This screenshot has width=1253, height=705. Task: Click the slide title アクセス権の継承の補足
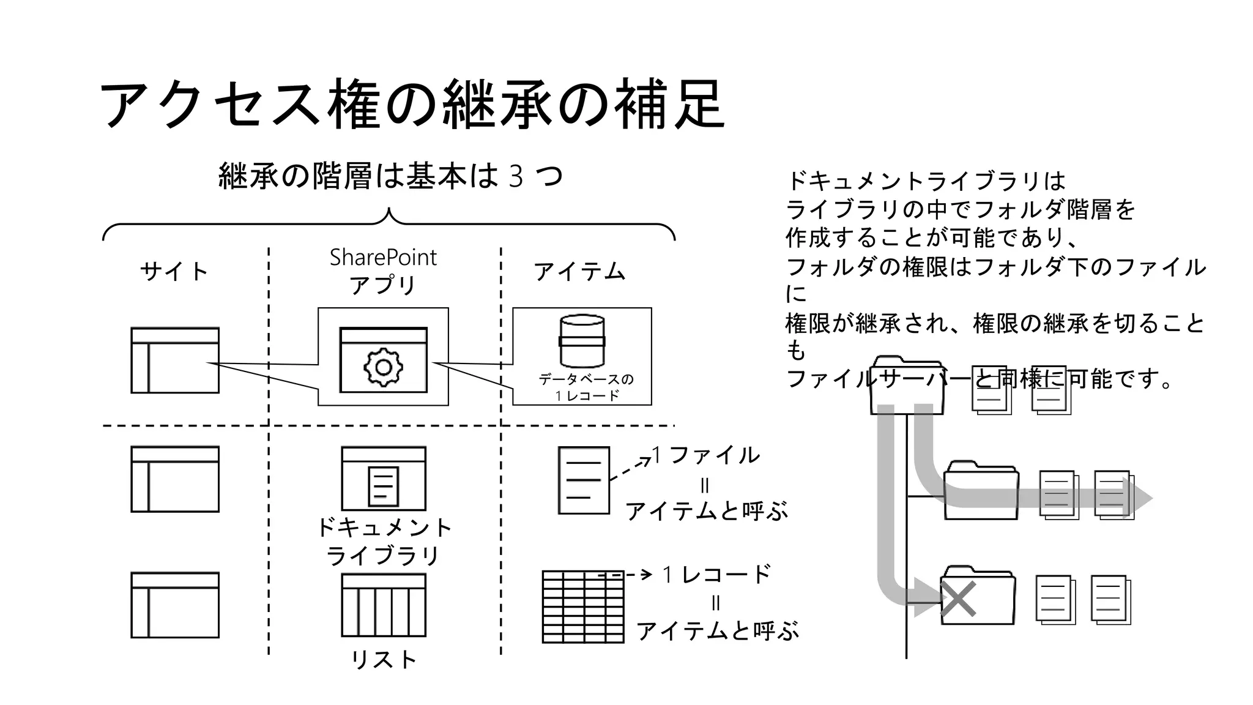click(x=411, y=104)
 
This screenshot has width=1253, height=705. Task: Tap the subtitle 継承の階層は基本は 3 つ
click(x=390, y=176)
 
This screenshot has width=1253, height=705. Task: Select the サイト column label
click(x=174, y=271)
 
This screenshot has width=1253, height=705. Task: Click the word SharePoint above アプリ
click(x=383, y=258)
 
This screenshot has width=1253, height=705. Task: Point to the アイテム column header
click(x=579, y=271)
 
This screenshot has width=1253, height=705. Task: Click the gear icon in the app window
click(x=384, y=367)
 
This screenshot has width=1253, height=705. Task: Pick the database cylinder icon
click(x=582, y=341)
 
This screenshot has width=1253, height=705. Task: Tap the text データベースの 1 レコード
click(x=586, y=387)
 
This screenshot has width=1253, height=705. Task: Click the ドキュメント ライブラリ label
click(x=384, y=541)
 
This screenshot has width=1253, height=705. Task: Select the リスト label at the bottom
click(x=384, y=660)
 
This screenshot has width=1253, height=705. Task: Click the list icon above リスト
click(x=384, y=605)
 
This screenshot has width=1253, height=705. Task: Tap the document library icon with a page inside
click(x=384, y=479)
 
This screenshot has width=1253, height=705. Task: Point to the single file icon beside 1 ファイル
click(x=584, y=480)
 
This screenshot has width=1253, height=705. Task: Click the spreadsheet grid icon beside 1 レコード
click(x=583, y=607)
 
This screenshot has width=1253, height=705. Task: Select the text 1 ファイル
click(x=707, y=455)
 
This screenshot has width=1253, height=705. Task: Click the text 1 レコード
click(x=717, y=574)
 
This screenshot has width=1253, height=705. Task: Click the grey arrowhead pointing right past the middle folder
click(x=1140, y=498)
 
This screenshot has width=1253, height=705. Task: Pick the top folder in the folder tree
click(x=907, y=386)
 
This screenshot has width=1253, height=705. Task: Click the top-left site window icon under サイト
click(x=175, y=360)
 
